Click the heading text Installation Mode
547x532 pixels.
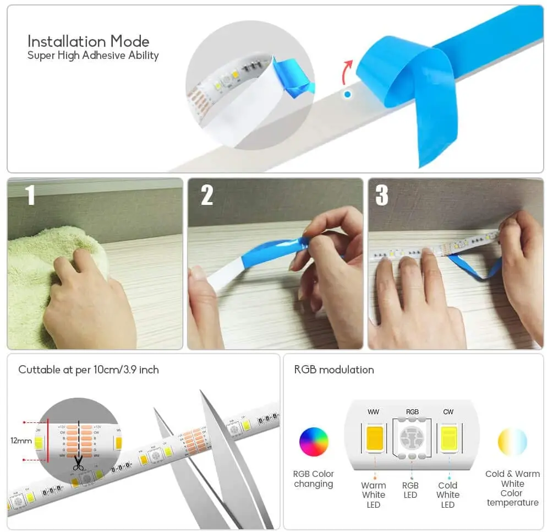coord(88,41)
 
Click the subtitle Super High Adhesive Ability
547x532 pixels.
coord(93,55)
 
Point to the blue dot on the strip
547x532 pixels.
coord(347,94)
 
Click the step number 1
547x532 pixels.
coord(30,195)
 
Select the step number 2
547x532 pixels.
coord(207,195)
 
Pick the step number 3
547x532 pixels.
coord(381,195)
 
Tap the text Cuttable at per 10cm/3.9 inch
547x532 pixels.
coord(89,370)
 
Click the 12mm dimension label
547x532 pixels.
coord(21,441)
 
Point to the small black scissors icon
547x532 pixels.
coord(79,464)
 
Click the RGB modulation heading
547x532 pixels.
coord(334,370)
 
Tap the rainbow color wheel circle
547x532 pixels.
coord(314,442)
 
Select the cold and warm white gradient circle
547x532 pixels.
coord(512,442)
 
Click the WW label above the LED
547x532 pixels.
coord(373,412)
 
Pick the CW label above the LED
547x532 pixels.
coord(448,412)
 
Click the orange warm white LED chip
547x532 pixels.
coord(374,438)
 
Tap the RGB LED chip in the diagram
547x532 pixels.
coord(411,439)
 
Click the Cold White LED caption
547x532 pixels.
coord(448,495)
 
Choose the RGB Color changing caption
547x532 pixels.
coord(314,479)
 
